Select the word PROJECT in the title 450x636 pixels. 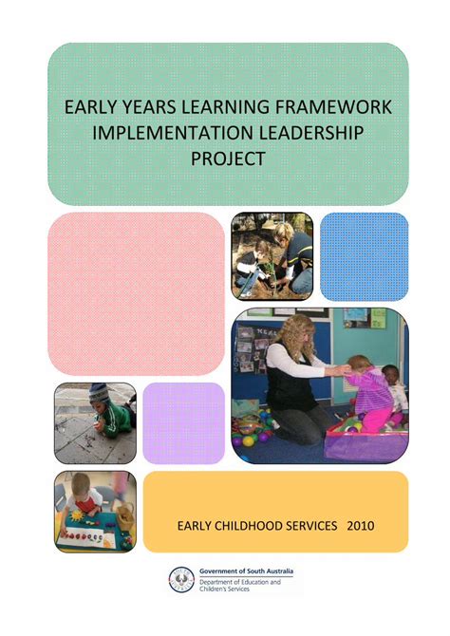click(x=228, y=159)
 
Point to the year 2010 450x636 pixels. click(x=361, y=526)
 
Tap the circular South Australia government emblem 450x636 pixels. click(x=181, y=579)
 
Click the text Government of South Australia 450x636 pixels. click(x=246, y=571)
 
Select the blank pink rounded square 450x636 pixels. click(x=137, y=293)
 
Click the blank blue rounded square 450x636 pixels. click(x=365, y=256)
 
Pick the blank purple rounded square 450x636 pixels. click(x=184, y=423)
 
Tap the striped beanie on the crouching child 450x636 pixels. click(x=99, y=393)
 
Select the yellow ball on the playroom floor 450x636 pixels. click(x=249, y=440)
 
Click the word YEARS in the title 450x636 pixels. click(x=148, y=107)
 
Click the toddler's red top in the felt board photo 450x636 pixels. click(x=87, y=504)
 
